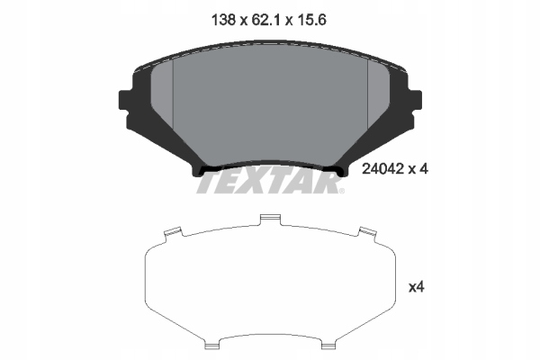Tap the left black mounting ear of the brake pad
click(x=124, y=99)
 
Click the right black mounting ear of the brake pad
click(x=415, y=99)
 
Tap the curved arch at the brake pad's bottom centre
click(x=270, y=163)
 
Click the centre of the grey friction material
click(x=270, y=108)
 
